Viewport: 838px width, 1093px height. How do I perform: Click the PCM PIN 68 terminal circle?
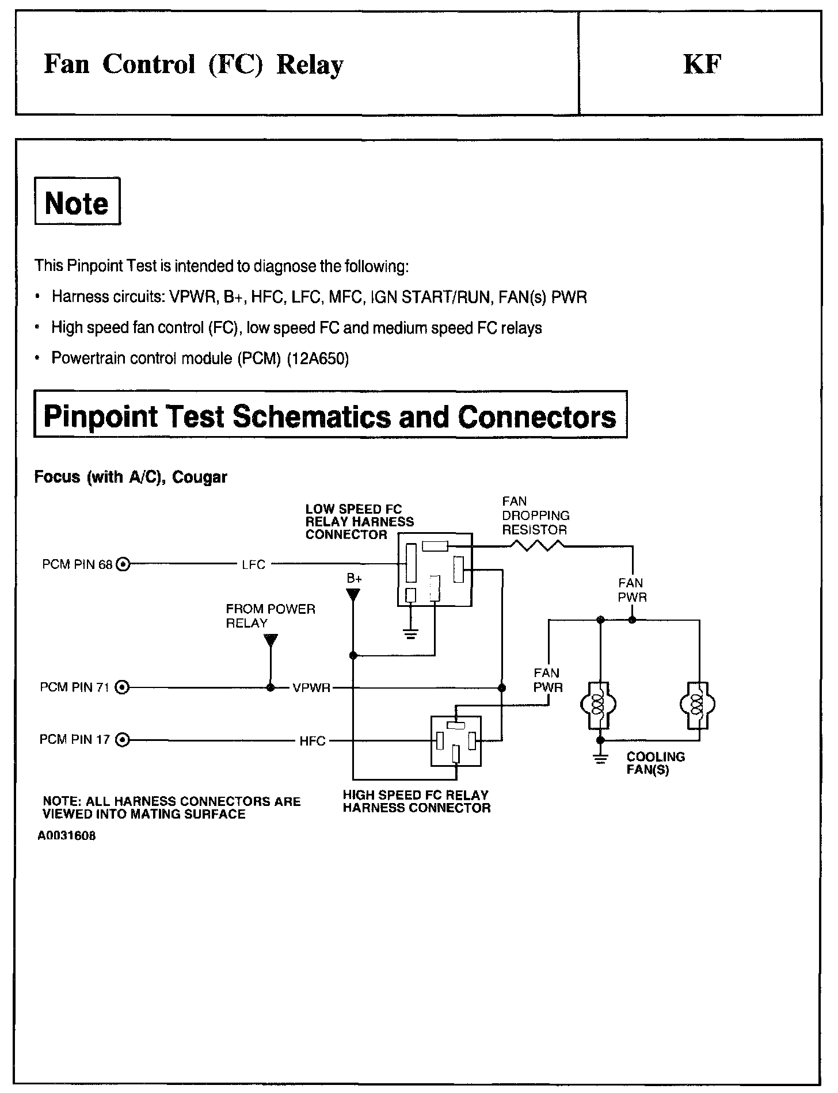[123, 564]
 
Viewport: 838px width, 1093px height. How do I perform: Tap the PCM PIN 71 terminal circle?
[123, 687]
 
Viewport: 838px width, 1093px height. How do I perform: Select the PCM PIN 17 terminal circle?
[123, 740]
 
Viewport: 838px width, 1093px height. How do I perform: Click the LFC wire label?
[253, 565]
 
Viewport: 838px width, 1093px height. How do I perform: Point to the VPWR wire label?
[311, 687]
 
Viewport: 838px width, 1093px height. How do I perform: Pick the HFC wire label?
[313, 741]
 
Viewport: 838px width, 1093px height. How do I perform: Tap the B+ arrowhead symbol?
[353, 594]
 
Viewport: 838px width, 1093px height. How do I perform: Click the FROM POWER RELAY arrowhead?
[271, 640]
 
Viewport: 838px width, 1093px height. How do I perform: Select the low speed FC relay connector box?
[435, 570]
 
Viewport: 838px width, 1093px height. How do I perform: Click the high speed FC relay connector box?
[456, 741]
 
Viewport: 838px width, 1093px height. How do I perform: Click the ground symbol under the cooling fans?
[600, 759]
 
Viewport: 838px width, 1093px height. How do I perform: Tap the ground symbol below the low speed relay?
[410, 635]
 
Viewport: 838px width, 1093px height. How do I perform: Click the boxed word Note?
[77, 202]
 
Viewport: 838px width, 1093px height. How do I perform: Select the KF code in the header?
[702, 64]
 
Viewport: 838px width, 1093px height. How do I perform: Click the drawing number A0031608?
[66, 836]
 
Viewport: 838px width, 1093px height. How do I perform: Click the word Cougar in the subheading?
[200, 477]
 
